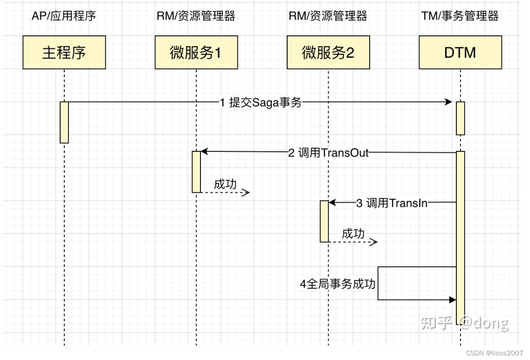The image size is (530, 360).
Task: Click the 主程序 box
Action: tap(64, 53)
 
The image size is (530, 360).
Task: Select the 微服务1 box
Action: tap(196, 53)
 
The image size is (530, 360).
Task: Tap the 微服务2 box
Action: tap(328, 53)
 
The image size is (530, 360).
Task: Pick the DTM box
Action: tap(460, 53)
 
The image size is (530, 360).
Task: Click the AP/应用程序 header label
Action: tap(64, 16)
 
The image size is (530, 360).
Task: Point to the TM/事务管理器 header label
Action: tap(460, 16)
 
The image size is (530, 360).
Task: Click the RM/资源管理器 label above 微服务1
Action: tap(196, 16)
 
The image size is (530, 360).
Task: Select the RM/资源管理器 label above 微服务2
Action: tap(328, 16)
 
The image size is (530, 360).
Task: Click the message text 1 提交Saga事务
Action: tap(261, 102)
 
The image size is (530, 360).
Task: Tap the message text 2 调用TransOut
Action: tap(328, 153)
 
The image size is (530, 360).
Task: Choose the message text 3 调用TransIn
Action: tap(392, 203)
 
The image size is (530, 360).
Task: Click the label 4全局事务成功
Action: tap(337, 284)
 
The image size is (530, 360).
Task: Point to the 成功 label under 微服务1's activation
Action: tap(225, 184)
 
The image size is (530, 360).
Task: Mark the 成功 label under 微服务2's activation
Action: tap(353, 233)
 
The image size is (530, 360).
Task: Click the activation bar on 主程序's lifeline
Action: tap(64, 122)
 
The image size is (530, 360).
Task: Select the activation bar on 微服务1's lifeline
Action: tap(196, 171)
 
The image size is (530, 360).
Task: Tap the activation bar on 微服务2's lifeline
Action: tap(324, 221)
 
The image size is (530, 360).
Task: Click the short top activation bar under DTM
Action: tap(460, 118)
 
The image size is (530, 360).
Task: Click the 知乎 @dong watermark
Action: tap(464, 322)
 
